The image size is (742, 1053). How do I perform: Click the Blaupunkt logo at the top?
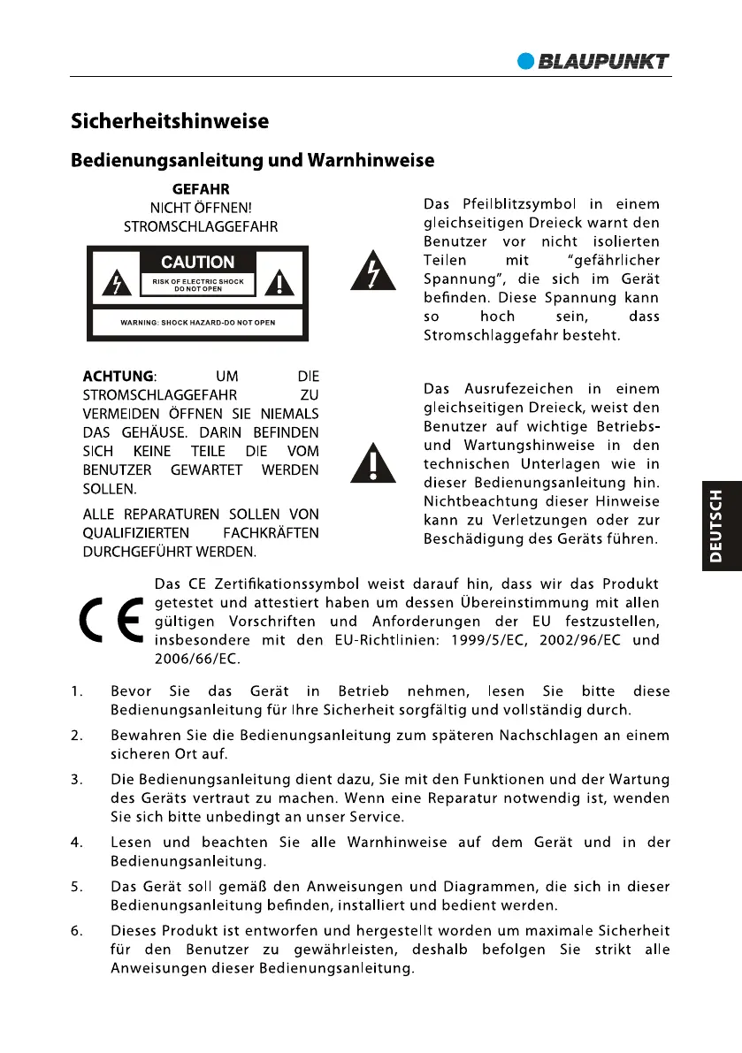(593, 61)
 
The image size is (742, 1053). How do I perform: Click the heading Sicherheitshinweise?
(170, 121)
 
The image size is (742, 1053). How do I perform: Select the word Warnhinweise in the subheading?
(371, 161)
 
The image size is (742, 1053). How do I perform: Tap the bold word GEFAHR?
(200, 188)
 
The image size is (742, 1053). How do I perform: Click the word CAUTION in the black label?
(197, 262)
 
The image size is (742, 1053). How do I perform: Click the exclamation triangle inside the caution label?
(281, 284)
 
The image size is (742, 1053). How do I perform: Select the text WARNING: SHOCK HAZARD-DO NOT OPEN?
(197, 323)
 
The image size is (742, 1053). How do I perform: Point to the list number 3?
(77, 779)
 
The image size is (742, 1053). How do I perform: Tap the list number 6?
(77, 930)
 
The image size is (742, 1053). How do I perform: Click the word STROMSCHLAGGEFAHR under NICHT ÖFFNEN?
(200, 226)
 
